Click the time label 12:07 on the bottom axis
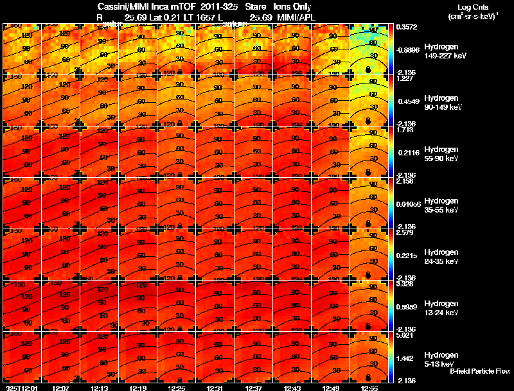pyautogui.click(x=61, y=388)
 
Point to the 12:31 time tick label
pyautogui.click(x=215, y=388)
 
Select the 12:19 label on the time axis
pyautogui.click(x=138, y=388)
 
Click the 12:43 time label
pyautogui.click(x=292, y=388)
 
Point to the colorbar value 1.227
pyautogui.click(x=405, y=79)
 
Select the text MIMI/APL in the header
pyautogui.click(x=295, y=17)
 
